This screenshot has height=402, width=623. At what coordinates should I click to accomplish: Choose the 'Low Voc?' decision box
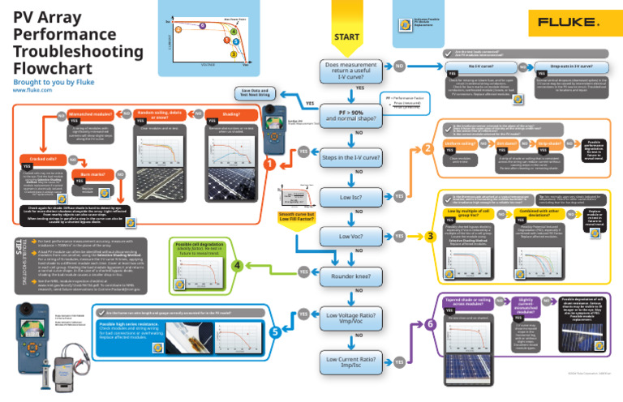352,236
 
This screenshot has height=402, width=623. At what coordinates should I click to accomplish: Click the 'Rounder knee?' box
352,277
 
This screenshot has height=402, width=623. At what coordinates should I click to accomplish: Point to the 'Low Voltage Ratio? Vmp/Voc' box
352,318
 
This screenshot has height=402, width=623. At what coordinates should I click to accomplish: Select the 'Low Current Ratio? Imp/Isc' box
352,361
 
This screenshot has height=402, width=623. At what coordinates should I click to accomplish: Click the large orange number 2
428,149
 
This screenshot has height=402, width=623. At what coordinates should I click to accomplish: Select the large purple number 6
429,323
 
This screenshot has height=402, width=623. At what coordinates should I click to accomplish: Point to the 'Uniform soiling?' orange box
461,143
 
